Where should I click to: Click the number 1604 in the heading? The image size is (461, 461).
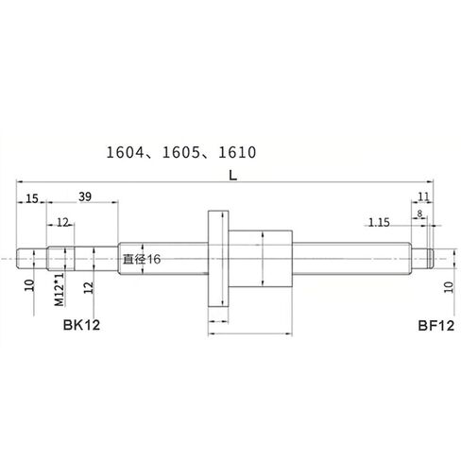[x=128, y=150]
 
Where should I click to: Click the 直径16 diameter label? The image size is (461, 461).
[x=143, y=258]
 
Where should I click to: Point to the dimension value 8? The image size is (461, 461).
[x=419, y=213]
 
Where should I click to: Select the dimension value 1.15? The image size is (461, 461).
[x=379, y=222]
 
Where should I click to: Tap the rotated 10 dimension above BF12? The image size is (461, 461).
[x=448, y=287]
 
